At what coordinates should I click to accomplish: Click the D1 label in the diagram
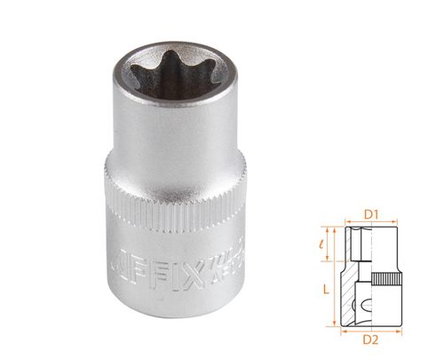(372, 214)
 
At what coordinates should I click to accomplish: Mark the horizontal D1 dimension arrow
(372, 223)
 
